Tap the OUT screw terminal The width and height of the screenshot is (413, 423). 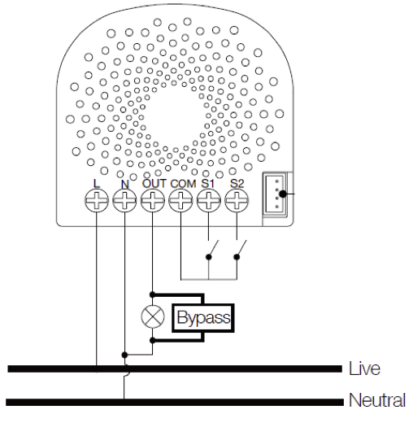point(152,203)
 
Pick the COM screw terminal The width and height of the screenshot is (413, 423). point(180,203)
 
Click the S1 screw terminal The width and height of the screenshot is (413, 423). point(209,203)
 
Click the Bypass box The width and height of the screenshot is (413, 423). point(203,317)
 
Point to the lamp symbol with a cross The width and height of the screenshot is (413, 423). point(152,317)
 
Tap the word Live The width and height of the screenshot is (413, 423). point(363,368)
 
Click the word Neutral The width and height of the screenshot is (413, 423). point(376,401)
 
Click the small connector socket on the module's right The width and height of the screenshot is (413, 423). point(275,194)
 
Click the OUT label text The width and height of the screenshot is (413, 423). point(154,184)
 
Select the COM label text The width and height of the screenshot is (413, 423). point(184,184)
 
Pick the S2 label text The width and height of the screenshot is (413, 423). point(237,184)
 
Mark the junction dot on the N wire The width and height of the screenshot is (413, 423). point(124,355)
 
